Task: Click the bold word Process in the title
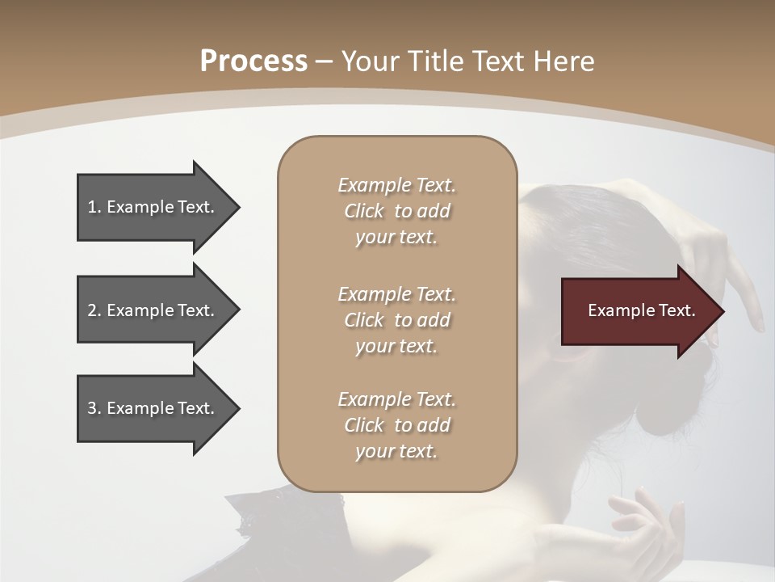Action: [x=253, y=61]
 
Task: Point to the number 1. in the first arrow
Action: [x=94, y=207]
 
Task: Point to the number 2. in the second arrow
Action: [x=94, y=310]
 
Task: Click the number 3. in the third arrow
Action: [x=94, y=408]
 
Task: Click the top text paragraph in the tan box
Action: [x=396, y=211]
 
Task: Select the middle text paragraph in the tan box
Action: [x=396, y=320]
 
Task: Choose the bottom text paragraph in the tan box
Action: [x=396, y=425]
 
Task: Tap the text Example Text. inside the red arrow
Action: [x=642, y=310]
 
